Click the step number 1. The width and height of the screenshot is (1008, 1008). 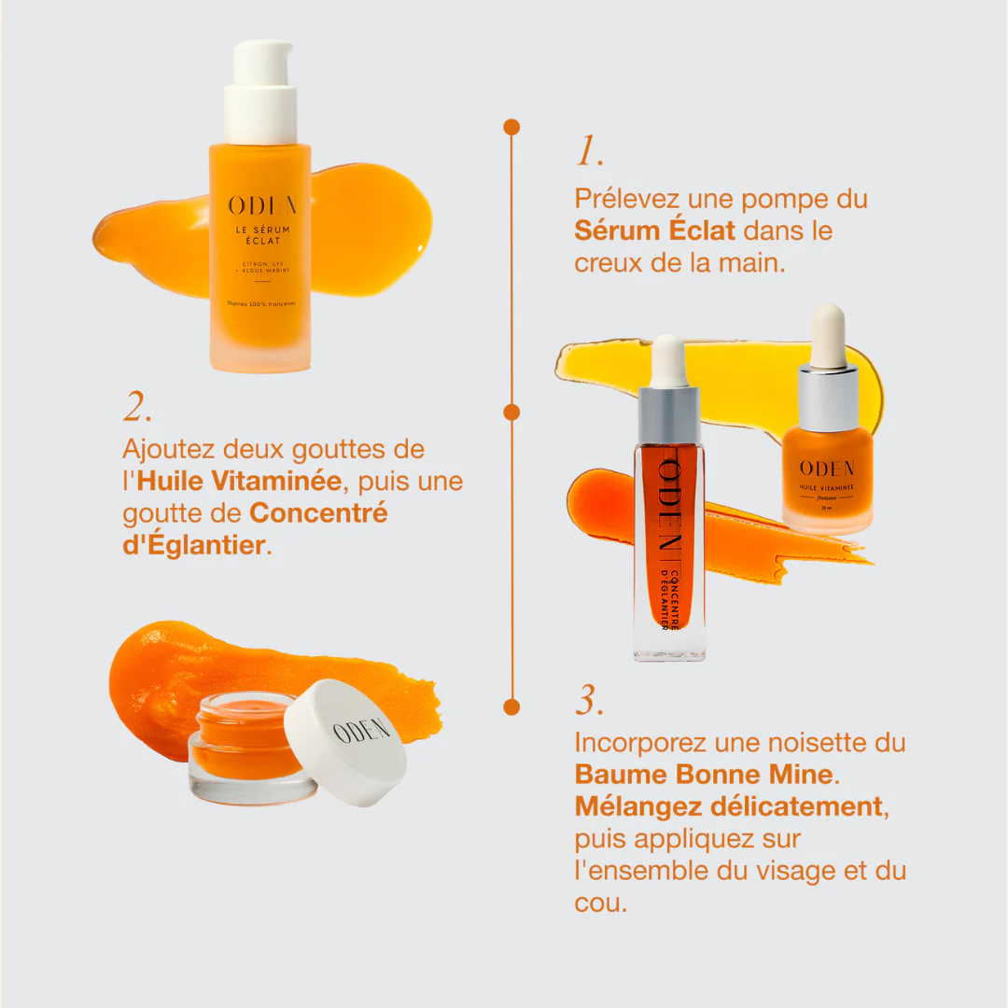[x=589, y=152]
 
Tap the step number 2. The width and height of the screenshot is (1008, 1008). [x=137, y=407]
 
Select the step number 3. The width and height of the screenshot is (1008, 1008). [x=589, y=701]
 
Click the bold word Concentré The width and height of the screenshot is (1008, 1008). [x=318, y=513]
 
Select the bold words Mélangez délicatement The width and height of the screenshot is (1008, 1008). [x=728, y=805]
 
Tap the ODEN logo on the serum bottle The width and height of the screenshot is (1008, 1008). [x=261, y=206]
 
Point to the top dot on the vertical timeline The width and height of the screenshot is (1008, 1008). [x=511, y=126]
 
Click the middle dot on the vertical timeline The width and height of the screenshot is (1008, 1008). [x=511, y=412]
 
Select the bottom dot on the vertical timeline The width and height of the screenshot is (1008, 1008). [x=511, y=707]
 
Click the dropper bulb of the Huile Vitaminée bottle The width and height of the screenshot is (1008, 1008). [x=827, y=334]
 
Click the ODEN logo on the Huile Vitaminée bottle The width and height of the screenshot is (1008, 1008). [x=827, y=468]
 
